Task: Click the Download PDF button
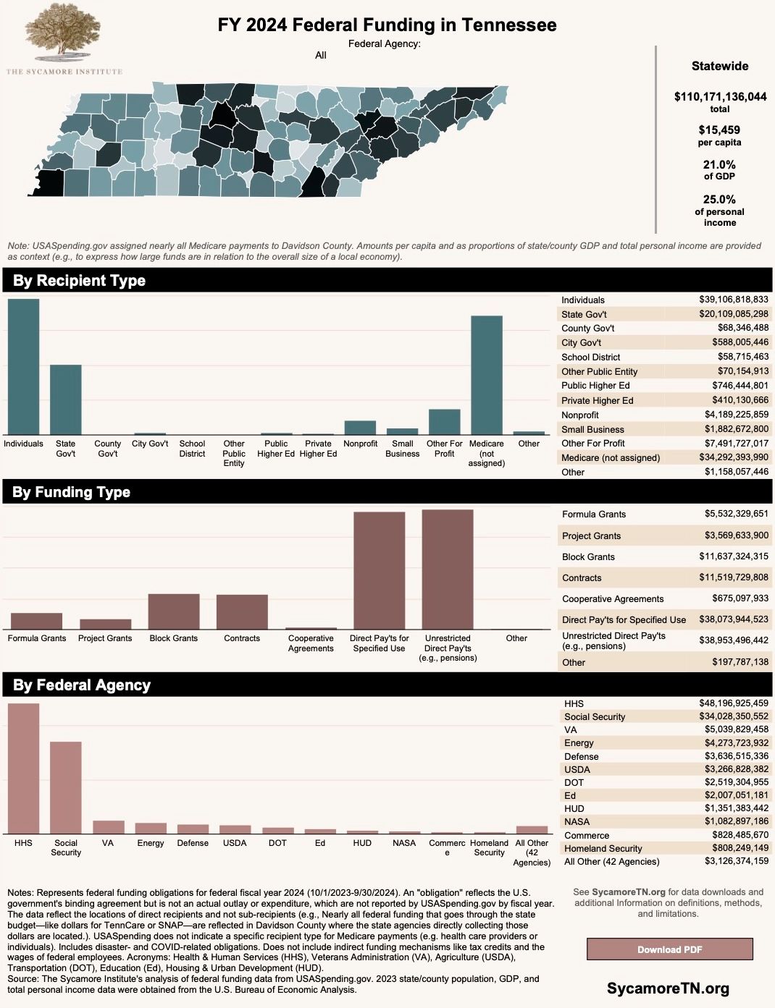[x=669, y=949]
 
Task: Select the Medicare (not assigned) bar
[x=487, y=375]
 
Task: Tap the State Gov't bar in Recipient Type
[x=65, y=399]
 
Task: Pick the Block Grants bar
[x=174, y=611]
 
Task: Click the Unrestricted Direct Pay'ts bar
[x=448, y=569]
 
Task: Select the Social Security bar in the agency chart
[x=65, y=787]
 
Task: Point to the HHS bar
[x=23, y=768]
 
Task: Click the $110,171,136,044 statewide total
[x=720, y=96]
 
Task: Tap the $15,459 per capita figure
[x=719, y=130]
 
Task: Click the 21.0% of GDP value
[x=719, y=165]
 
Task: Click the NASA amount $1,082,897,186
[x=737, y=821]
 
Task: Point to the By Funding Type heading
[x=71, y=492]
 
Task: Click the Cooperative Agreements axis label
[x=311, y=643]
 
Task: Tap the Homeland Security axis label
[x=489, y=847]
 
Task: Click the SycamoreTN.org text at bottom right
[x=668, y=988]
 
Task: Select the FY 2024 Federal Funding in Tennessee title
[x=387, y=25]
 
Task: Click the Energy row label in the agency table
[x=579, y=742]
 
